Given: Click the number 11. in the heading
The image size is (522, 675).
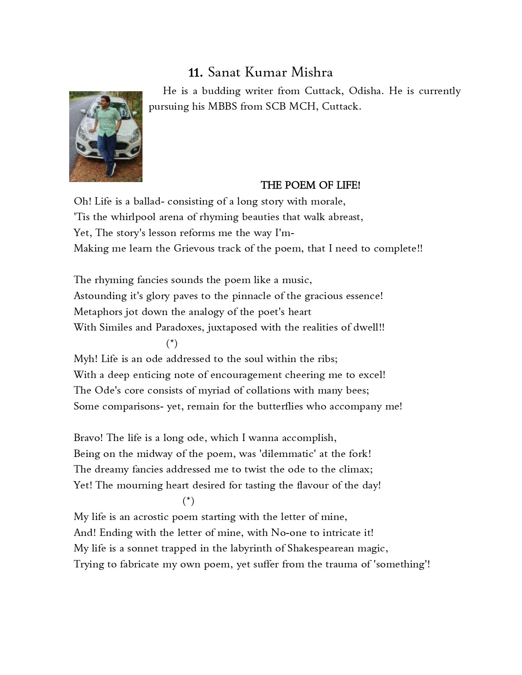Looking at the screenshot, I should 196,73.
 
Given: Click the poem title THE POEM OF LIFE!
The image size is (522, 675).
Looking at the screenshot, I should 311,185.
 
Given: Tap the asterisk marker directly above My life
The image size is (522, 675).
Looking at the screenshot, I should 188,501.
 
